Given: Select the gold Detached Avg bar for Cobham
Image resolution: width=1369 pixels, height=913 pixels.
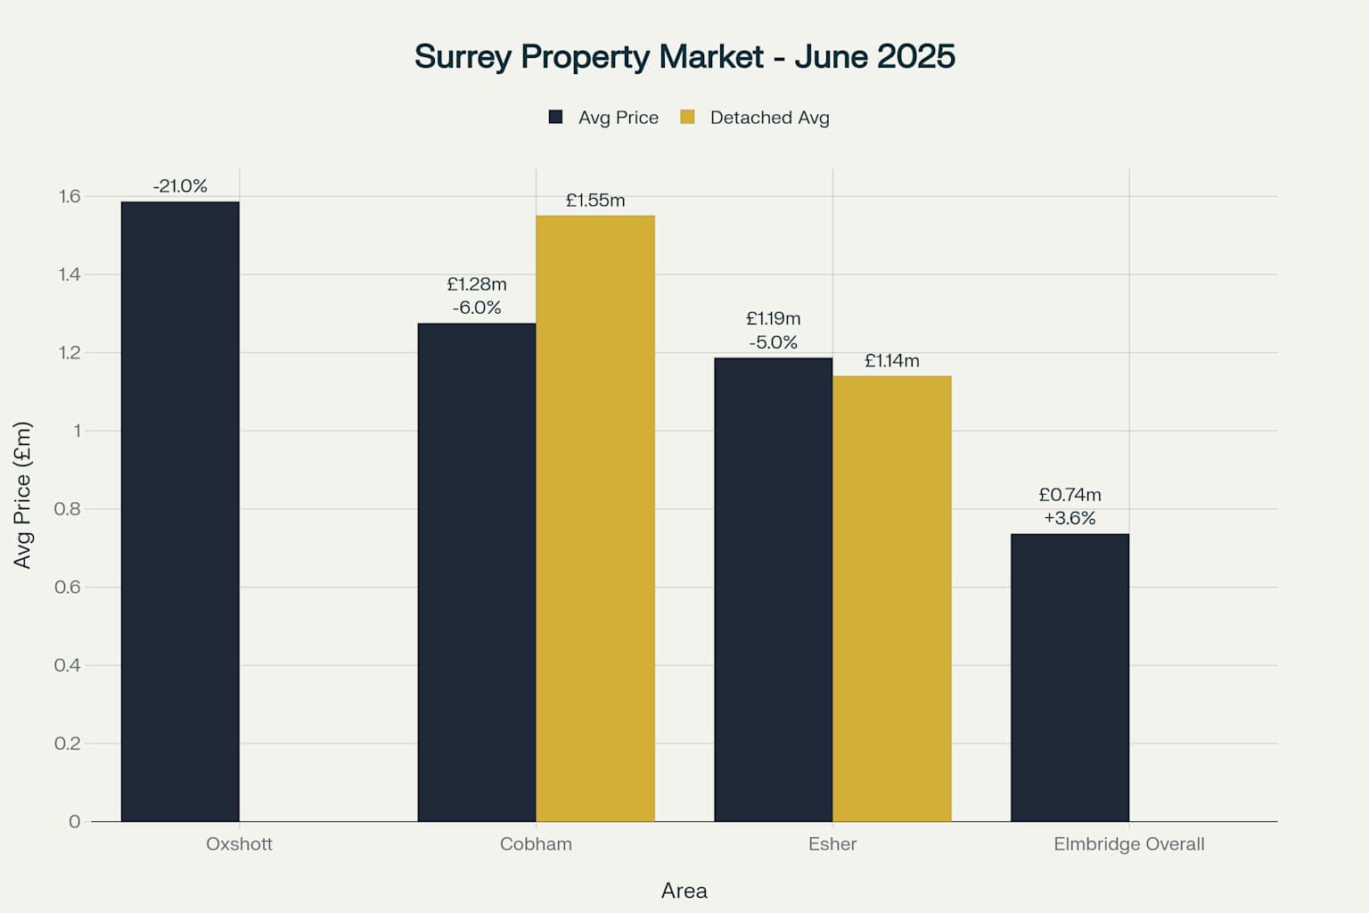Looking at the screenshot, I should [595, 518].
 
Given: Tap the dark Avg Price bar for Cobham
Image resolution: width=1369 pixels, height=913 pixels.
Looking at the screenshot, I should [477, 572].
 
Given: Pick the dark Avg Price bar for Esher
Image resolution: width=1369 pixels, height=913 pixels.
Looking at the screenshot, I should [773, 589].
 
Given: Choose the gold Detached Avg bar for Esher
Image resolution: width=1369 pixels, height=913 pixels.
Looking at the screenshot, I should [892, 598].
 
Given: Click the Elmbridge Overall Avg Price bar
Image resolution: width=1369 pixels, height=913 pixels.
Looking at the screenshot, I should [1070, 678].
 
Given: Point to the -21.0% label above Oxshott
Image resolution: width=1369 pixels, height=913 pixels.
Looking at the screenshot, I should [180, 186].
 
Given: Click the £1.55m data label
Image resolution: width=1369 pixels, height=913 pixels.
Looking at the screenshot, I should [595, 201].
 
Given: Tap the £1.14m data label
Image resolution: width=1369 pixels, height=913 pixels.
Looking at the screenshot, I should [892, 361].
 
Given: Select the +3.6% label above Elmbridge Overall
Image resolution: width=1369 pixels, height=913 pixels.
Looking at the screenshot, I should [1070, 518].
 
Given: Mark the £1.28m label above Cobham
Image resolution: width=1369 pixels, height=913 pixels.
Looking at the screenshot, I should [477, 284].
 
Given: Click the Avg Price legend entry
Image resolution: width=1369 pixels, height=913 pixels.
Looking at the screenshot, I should [604, 118].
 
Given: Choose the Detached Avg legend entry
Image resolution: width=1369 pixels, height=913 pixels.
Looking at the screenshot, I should [756, 118].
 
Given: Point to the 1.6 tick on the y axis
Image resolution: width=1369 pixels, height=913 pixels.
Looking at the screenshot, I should [70, 197].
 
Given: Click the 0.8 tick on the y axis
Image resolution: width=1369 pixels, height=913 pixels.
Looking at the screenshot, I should [68, 509].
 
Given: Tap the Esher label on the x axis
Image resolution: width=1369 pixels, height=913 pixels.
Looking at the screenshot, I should [832, 844].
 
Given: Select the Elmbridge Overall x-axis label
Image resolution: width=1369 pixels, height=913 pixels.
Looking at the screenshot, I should [1128, 844].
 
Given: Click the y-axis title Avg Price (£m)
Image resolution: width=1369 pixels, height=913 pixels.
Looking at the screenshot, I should [22, 495].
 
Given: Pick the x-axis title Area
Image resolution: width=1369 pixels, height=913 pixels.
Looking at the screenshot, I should [684, 891].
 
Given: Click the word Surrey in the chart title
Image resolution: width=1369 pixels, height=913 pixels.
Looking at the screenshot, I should [463, 57].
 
